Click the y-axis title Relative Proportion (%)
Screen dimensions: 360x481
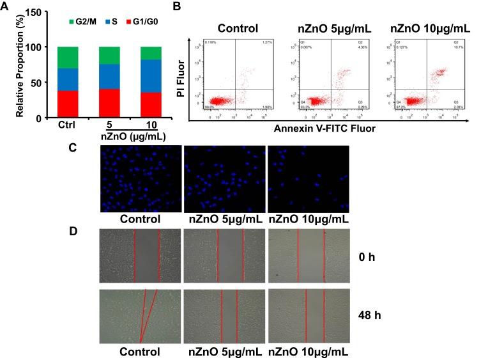[20, 64]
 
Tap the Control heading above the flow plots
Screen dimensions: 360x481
[238, 28]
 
